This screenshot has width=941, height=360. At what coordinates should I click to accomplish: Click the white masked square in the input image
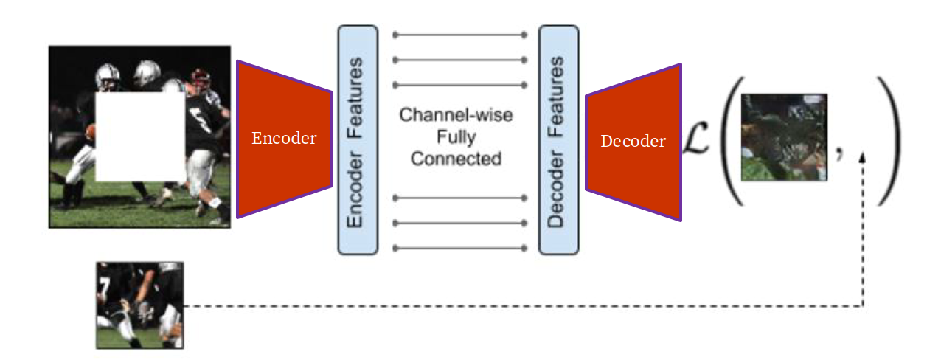point(140,136)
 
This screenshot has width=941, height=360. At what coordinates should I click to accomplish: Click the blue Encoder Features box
point(358,140)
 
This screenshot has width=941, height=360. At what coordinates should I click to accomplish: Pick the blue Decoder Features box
point(558,140)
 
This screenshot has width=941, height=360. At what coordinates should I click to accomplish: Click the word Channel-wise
point(456,115)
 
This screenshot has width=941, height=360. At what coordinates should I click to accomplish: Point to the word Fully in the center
point(456,136)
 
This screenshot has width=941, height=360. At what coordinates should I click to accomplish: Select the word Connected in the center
point(456,158)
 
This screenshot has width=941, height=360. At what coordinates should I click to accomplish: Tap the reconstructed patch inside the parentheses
point(784,137)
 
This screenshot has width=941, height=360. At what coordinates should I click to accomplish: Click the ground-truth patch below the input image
point(139,305)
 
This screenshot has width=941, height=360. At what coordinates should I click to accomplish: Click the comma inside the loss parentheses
point(840,153)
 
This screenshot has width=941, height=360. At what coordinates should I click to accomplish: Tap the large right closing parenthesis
point(887,140)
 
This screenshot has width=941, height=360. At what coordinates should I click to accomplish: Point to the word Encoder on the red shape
point(284,139)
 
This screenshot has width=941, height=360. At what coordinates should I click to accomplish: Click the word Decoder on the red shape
point(633,142)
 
